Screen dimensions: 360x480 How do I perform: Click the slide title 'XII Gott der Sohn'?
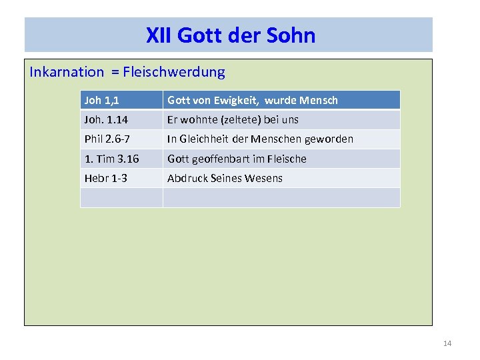click(x=230, y=35)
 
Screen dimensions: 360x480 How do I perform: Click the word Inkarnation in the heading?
click(x=67, y=72)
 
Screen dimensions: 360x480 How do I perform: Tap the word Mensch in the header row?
click(x=319, y=100)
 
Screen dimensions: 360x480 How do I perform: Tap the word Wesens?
click(x=265, y=178)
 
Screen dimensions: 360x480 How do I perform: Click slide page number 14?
click(x=447, y=343)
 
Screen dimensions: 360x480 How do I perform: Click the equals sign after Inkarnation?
click(x=115, y=73)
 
